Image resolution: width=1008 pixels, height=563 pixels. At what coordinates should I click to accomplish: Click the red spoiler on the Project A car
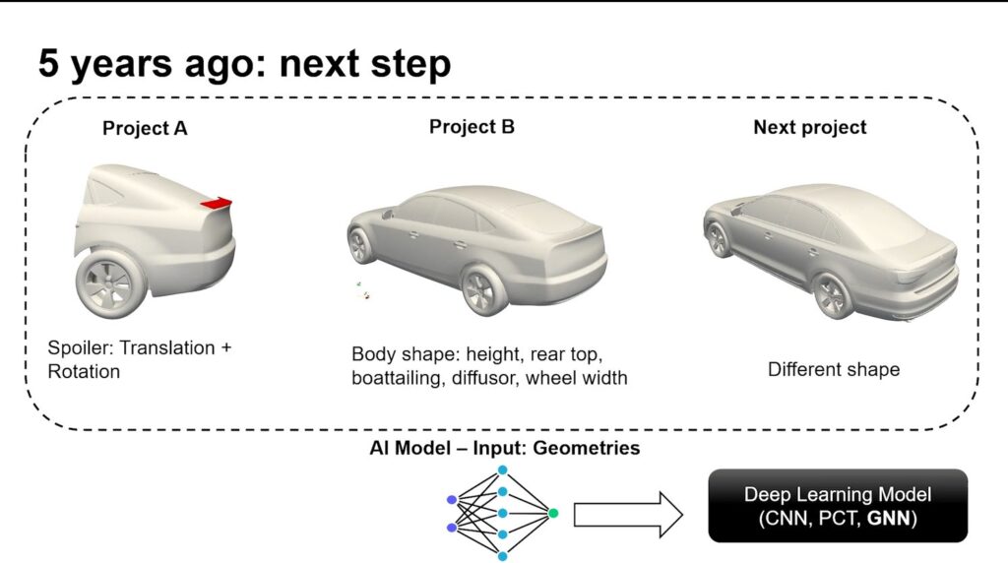[x=217, y=203]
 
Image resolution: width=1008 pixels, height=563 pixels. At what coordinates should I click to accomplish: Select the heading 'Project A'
[x=145, y=129]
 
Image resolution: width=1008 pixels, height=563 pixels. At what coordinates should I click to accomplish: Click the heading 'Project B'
[x=472, y=127]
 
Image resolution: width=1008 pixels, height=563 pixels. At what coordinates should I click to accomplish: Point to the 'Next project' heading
[x=810, y=127]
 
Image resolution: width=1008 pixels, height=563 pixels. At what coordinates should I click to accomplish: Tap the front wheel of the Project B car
[x=361, y=245]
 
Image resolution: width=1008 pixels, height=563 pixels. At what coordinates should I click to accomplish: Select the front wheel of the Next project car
[x=718, y=239]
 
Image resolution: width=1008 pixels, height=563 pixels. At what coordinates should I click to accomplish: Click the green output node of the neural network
[x=553, y=513]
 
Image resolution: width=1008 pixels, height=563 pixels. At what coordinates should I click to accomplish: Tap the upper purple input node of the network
[x=452, y=499]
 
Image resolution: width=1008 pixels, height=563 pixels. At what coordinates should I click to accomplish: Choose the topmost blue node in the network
[x=503, y=470]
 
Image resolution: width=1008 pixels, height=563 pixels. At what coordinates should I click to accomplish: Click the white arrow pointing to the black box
[x=628, y=514]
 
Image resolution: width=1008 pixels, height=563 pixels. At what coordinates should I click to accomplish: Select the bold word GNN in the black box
[x=889, y=519]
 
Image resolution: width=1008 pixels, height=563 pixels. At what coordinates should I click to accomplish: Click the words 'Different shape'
[x=834, y=369]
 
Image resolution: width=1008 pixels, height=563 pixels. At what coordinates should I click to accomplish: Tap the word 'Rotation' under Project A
[x=84, y=371]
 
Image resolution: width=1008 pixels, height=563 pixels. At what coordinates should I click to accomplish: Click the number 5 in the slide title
[x=48, y=63]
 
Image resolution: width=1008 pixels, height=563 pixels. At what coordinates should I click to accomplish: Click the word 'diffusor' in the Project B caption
[x=485, y=378]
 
